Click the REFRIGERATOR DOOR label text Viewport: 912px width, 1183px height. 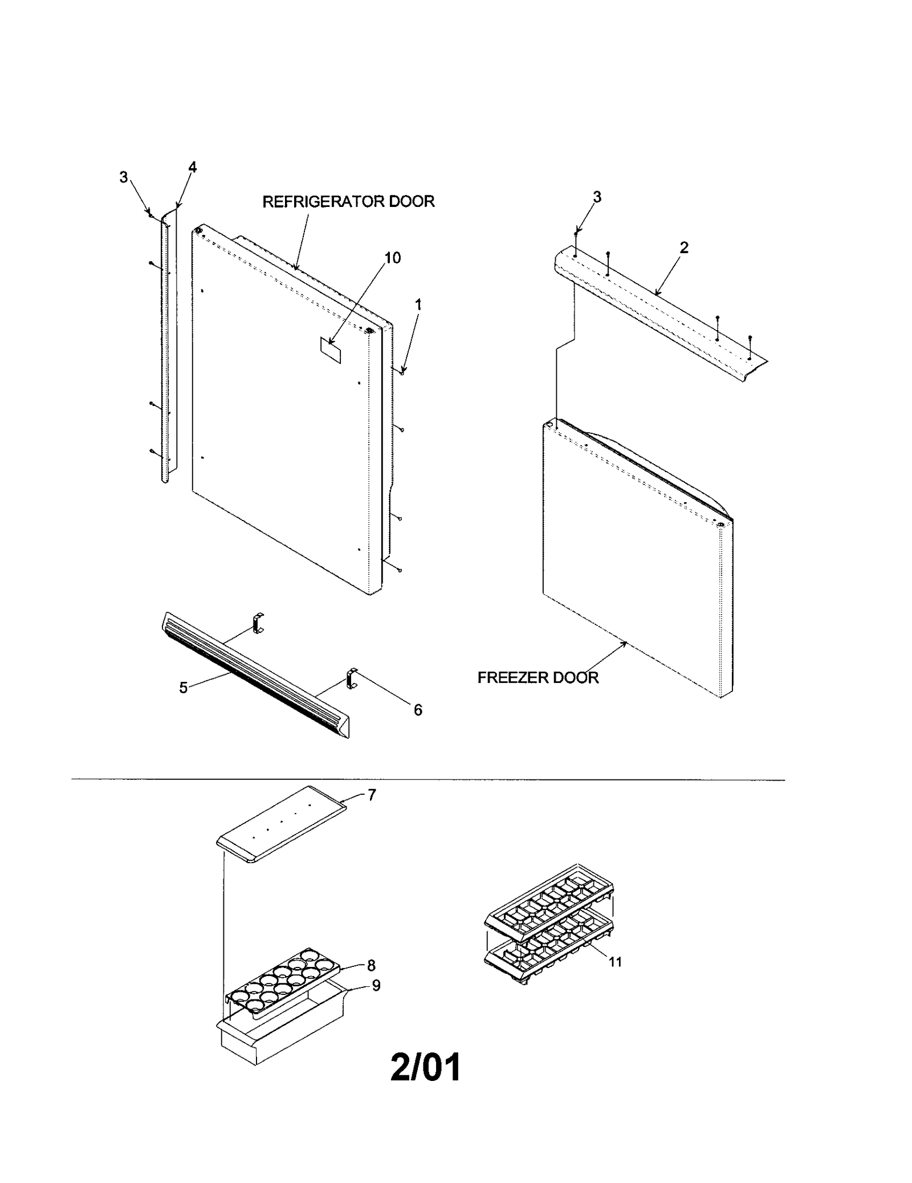[348, 202]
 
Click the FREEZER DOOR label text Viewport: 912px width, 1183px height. [538, 677]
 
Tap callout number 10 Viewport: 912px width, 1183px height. [393, 258]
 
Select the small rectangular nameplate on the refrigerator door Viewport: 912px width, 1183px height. [329, 350]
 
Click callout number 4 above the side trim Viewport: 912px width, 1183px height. [193, 168]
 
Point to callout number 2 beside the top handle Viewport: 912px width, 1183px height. [684, 247]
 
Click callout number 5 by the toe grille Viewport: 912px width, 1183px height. [184, 688]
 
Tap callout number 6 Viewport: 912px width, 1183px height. [418, 710]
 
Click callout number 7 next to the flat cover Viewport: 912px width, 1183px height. [372, 795]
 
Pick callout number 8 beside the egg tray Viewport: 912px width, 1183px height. [371, 965]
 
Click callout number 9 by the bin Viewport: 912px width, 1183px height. [376, 985]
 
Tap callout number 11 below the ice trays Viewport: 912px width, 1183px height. [615, 962]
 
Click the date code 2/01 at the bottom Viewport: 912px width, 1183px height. [425, 1067]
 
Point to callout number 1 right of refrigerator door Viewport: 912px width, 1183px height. [418, 306]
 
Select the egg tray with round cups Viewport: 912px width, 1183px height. [282, 983]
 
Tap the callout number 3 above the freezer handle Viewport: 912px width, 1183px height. [597, 197]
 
